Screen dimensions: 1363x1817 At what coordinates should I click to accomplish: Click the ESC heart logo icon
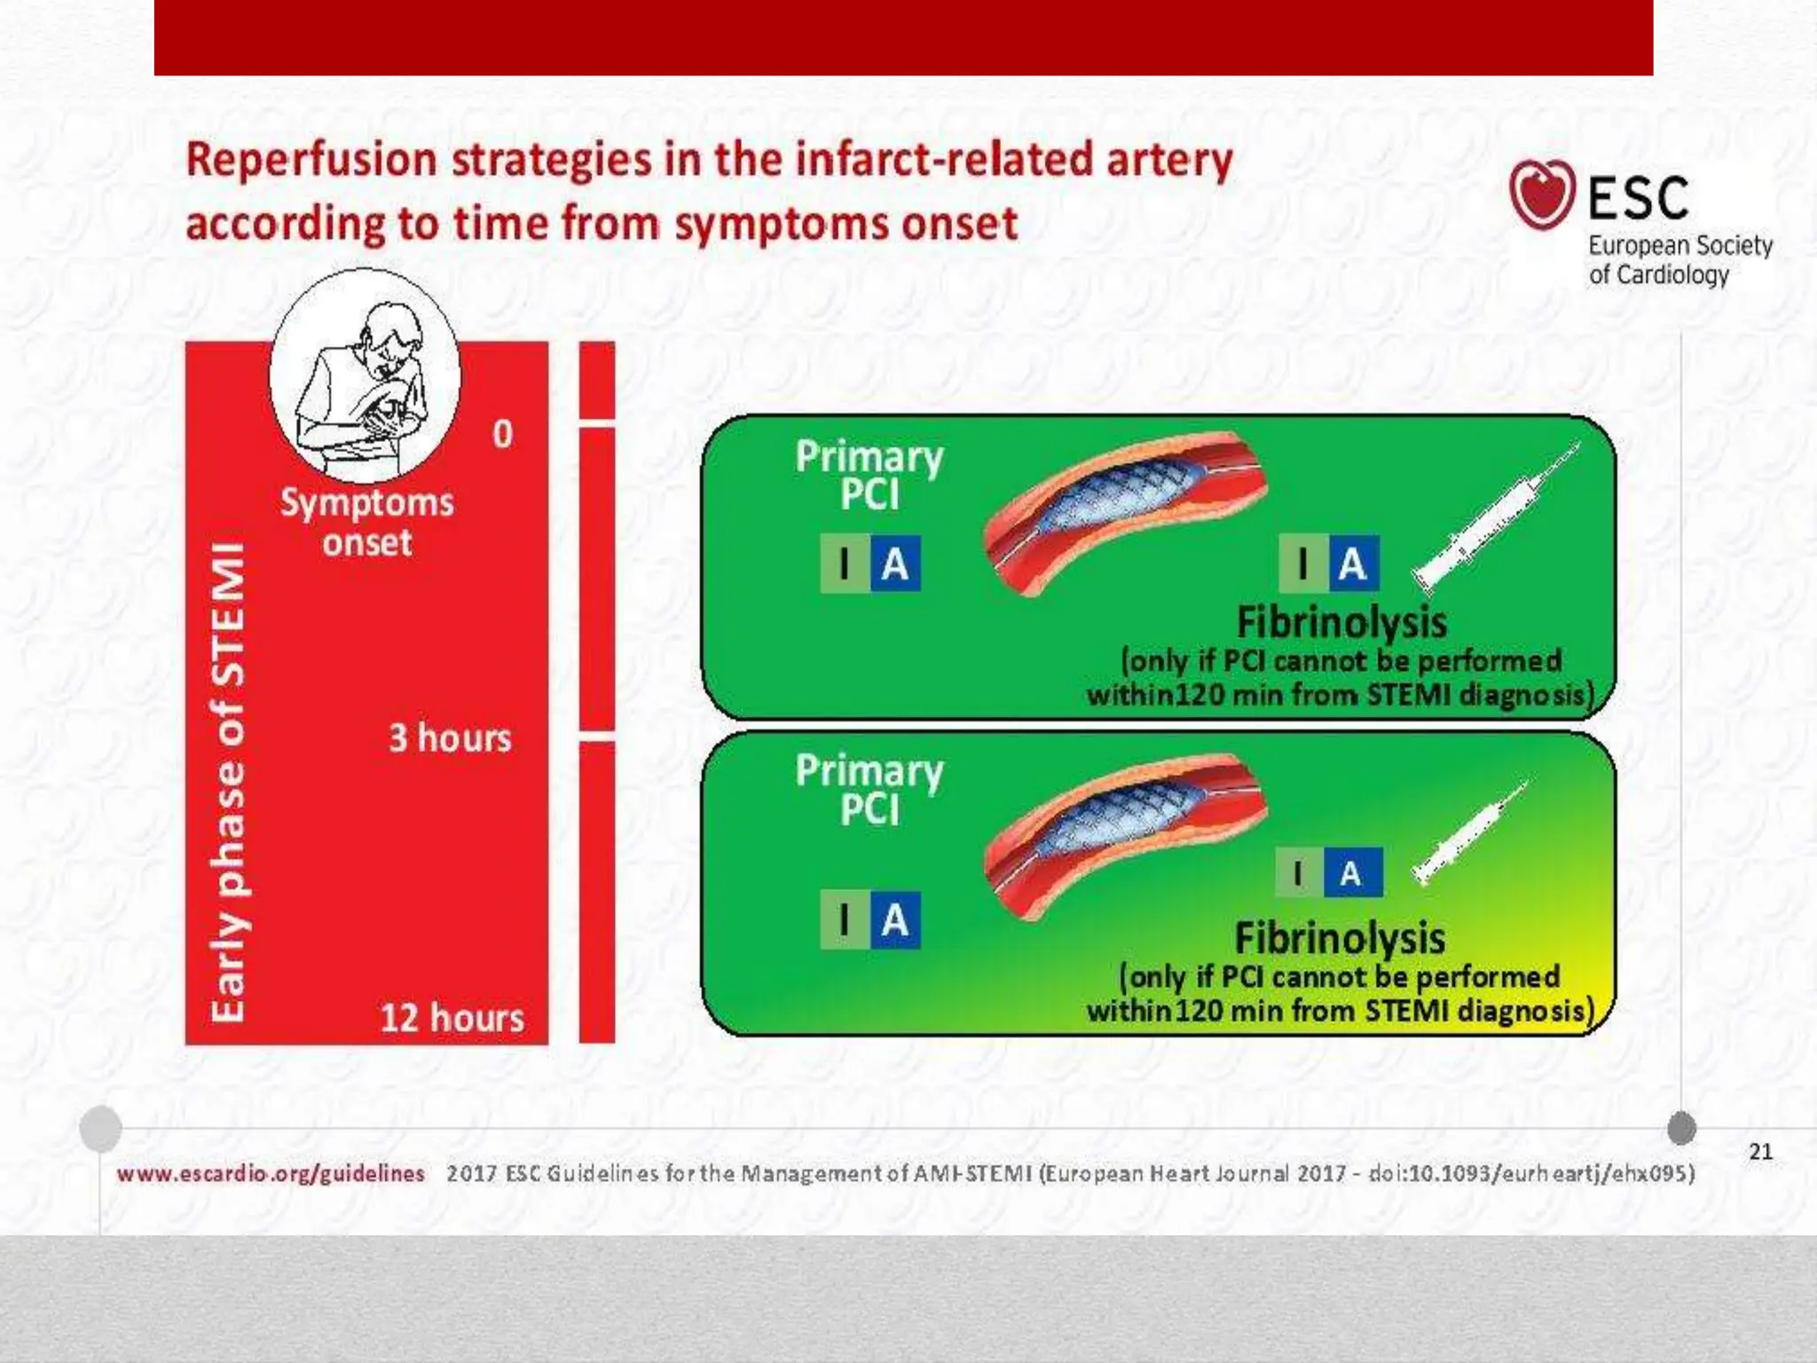tap(1542, 193)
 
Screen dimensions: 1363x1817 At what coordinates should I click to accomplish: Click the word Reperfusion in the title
tap(311, 161)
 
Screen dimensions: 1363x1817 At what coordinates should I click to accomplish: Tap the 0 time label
tap(502, 434)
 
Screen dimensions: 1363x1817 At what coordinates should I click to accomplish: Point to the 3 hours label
tap(450, 738)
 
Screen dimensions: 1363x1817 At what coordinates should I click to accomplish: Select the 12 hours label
tap(452, 1018)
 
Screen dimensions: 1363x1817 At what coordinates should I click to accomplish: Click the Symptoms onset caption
tap(367, 523)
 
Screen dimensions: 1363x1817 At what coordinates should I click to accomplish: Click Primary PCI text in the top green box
tap(869, 476)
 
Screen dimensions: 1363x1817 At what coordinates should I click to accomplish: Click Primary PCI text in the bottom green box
tap(869, 790)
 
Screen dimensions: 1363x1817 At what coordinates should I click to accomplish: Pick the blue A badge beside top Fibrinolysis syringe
tap(1353, 563)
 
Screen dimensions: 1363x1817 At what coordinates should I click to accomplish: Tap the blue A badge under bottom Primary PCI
tap(895, 920)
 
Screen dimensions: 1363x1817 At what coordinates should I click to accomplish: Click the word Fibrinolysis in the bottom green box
tap(1340, 938)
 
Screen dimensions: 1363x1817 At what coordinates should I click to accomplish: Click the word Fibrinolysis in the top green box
tap(1341, 622)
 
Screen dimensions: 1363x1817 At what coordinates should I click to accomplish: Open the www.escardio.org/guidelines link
tap(271, 1174)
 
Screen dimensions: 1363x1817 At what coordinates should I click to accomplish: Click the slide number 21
tap(1760, 1152)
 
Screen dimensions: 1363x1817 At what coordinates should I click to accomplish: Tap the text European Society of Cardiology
tap(1679, 260)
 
